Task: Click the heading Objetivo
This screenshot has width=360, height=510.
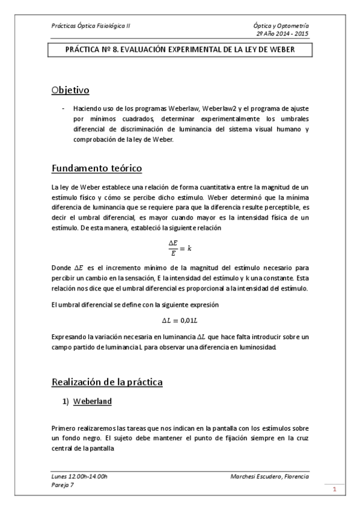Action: pyautogui.click(x=70, y=91)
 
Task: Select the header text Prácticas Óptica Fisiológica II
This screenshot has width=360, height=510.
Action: pyautogui.click(x=90, y=26)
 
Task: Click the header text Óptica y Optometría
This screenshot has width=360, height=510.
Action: pyautogui.click(x=282, y=26)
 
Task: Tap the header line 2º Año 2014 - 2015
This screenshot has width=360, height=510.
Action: pyautogui.click(x=282, y=34)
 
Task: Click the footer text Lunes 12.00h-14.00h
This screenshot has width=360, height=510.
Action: pyautogui.click(x=79, y=476)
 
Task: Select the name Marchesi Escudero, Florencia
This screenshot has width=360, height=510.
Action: pyautogui.click(x=270, y=476)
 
